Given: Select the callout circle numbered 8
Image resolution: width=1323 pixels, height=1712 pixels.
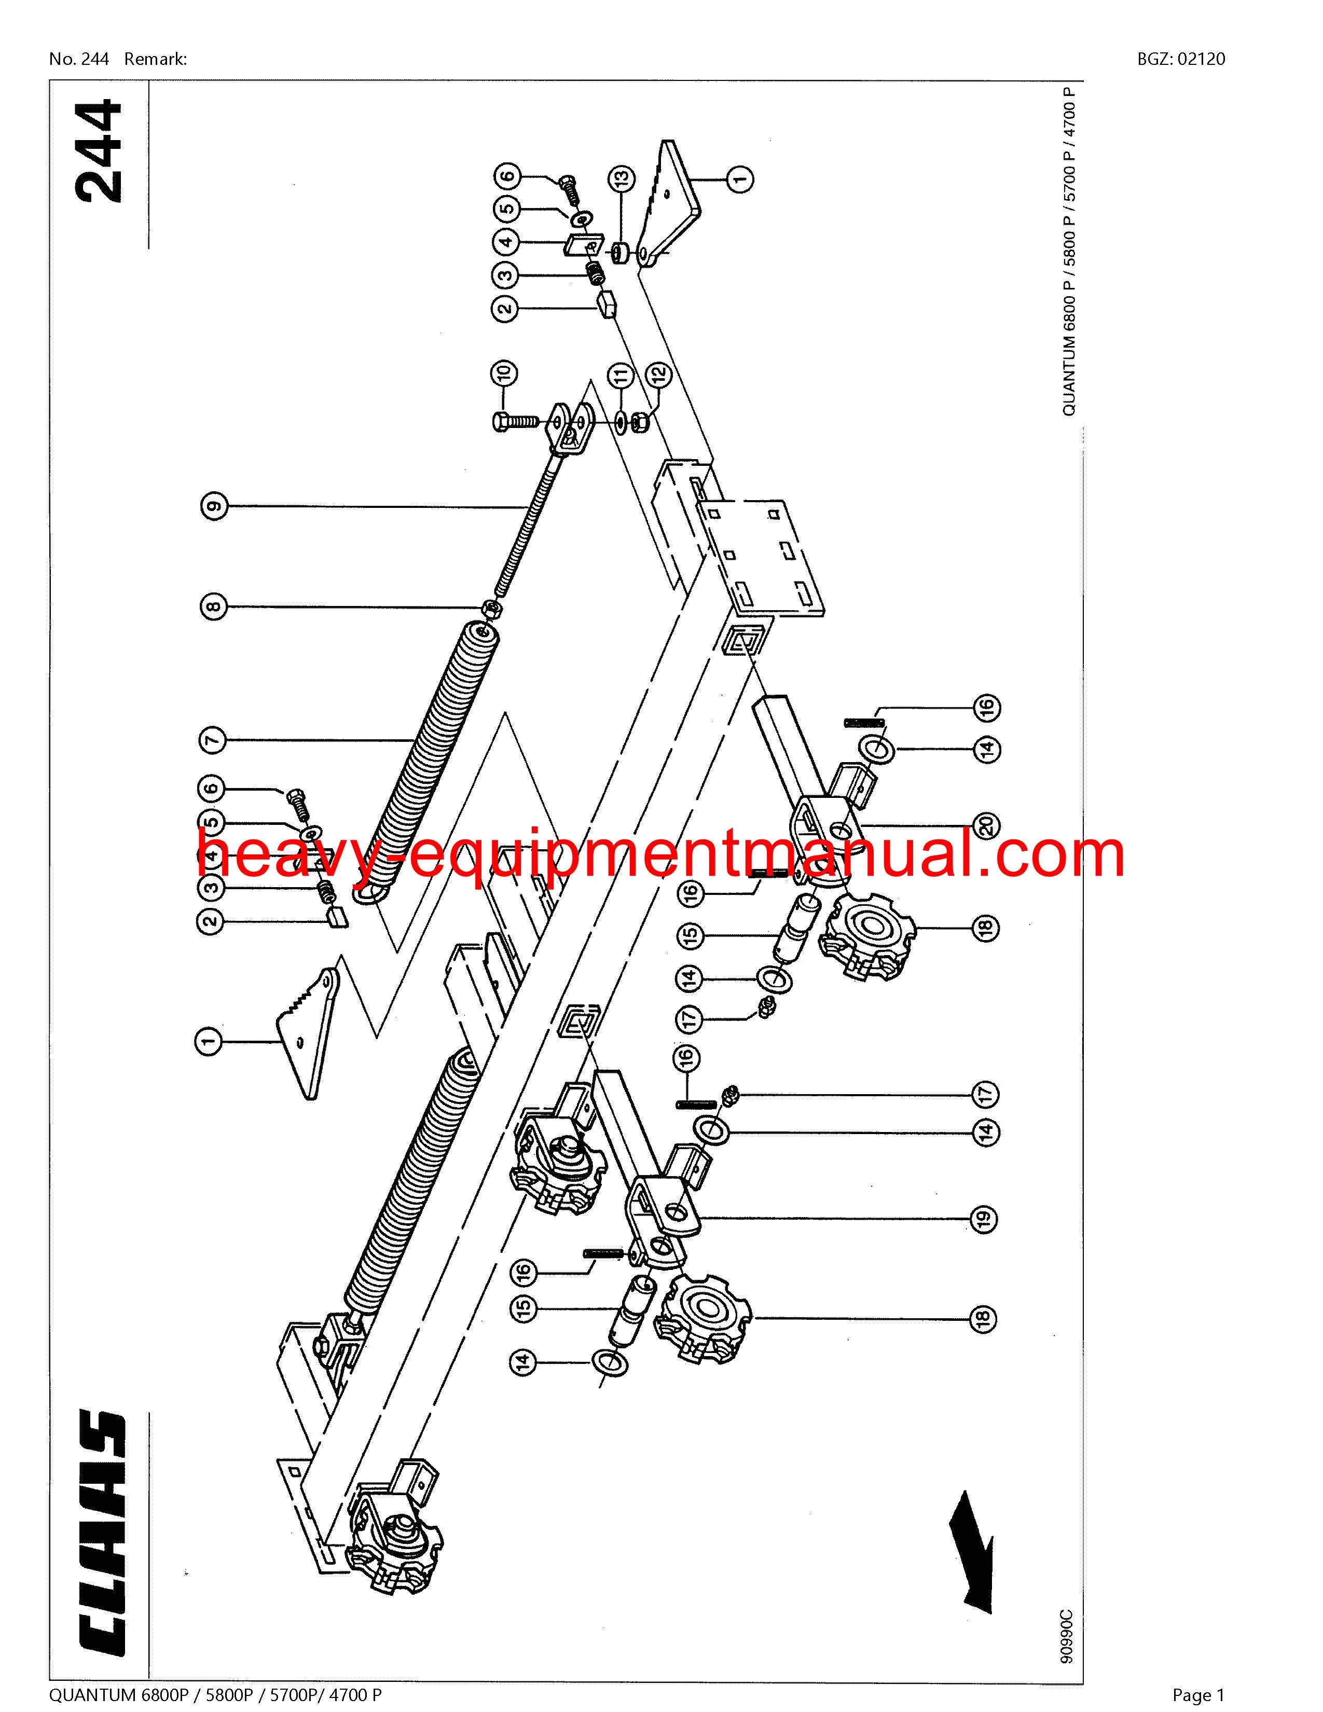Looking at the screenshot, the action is pyautogui.click(x=213, y=606).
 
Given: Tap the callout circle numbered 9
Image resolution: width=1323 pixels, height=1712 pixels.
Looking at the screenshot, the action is pyautogui.click(x=213, y=506).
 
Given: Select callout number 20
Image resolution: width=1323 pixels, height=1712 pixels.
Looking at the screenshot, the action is pyautogui.click(x=987, y=825).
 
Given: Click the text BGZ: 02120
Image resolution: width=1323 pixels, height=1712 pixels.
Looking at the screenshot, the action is pyautogui.click(x=1181, y=59).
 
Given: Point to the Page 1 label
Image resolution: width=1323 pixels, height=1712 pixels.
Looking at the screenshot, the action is pyautogui.click(x=1198, y=1689).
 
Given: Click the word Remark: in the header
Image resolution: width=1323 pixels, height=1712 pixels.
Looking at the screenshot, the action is pyautogui.click(x=155, y=59).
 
